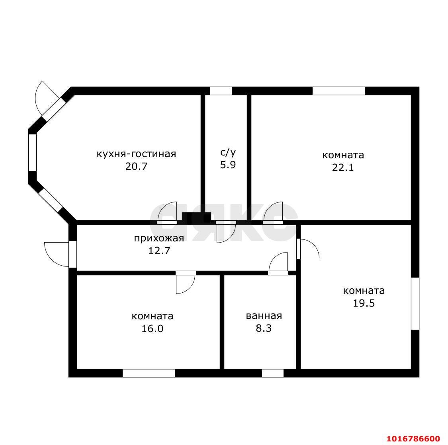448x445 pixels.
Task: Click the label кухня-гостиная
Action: point(136,154)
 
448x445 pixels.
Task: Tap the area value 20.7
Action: point(136,166)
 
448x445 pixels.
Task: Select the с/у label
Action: point(228,153)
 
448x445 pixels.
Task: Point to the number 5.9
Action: point(228,165)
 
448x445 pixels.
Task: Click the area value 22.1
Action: point(343,167)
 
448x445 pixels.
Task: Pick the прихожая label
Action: point(159,239)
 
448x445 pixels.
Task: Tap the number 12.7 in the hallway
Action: point(159,251)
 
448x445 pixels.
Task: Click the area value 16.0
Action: point(152,328)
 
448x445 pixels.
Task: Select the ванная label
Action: point(264,316)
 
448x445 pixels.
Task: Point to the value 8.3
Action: point(264,328)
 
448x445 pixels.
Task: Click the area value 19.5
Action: point(364,303)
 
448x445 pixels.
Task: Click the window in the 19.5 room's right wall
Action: point(415,303)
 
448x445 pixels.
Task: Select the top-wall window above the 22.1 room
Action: point(338,91)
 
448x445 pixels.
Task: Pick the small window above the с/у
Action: point(221,91)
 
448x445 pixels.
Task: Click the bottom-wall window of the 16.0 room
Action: point(149,373)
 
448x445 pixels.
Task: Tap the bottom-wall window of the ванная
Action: point(273,373)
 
